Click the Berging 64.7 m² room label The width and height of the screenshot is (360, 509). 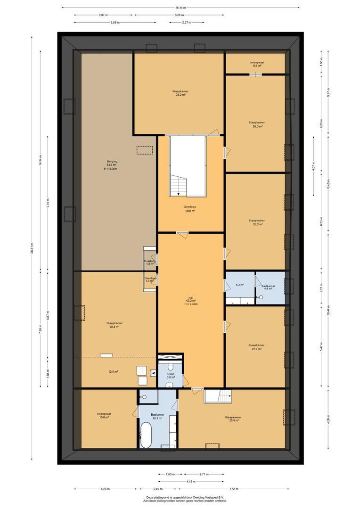click(x=112, y=165)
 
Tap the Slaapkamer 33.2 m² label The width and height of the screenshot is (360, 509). click(x=179, y=92)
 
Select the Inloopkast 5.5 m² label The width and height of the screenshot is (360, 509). click(x=257, y=64)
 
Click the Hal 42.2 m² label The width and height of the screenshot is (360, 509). click(x=191, y=301)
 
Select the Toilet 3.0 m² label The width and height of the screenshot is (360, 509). click(x=170, y=375)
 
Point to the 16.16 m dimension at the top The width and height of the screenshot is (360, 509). click(x=180, y=8)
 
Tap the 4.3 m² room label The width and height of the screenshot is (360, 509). click(x=239, y=285)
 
